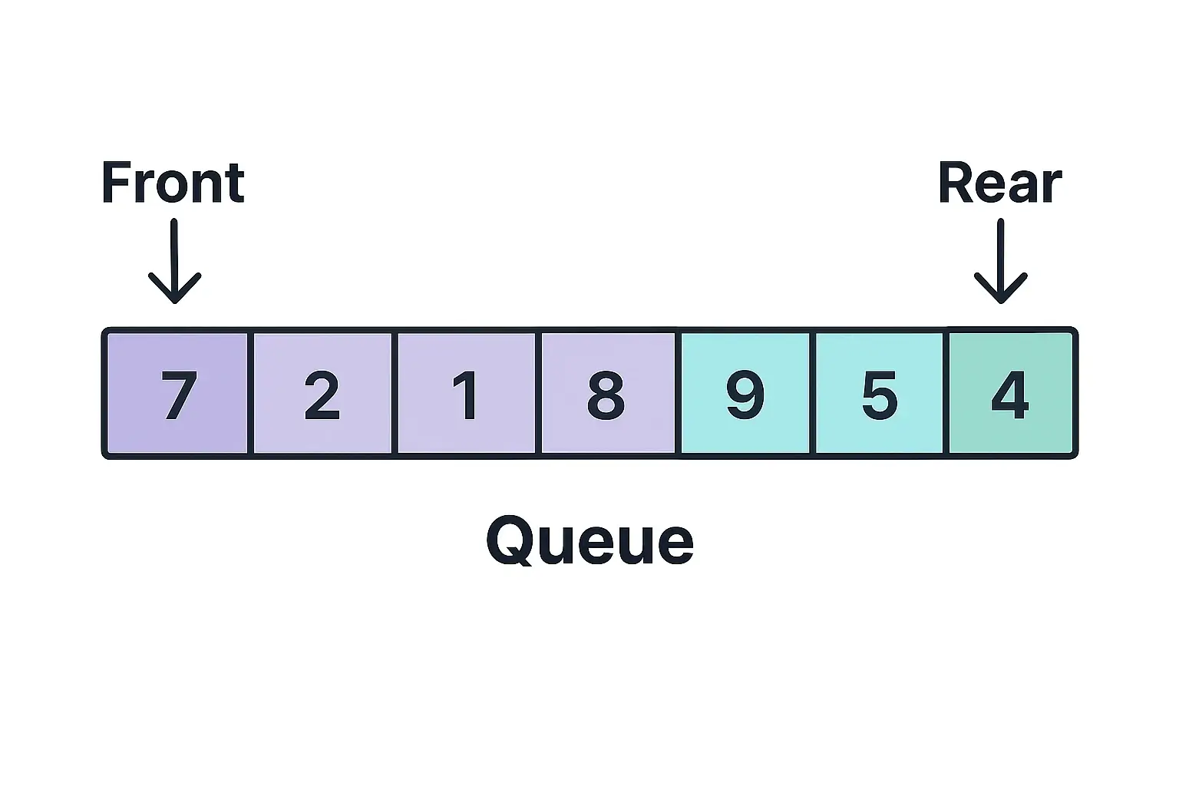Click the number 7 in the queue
[x=179, y=395]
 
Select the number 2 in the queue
[x=322, y=395]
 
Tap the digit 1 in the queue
[x=466, y=395]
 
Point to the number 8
[x=606, y=395]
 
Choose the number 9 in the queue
[x=745, y=395]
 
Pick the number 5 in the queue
[x=880, y=395]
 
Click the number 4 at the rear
[x=1010, y=395]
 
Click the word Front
[x=173, y=184]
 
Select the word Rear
[x=999, y=184]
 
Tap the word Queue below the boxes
[x=589, y=540]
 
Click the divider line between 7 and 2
[x=250, y=393]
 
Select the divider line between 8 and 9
[x=679, y=393]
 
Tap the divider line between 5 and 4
[x=946, y=393]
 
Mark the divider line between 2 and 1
[x=395, y=393]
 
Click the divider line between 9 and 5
[x=813, y=393]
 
